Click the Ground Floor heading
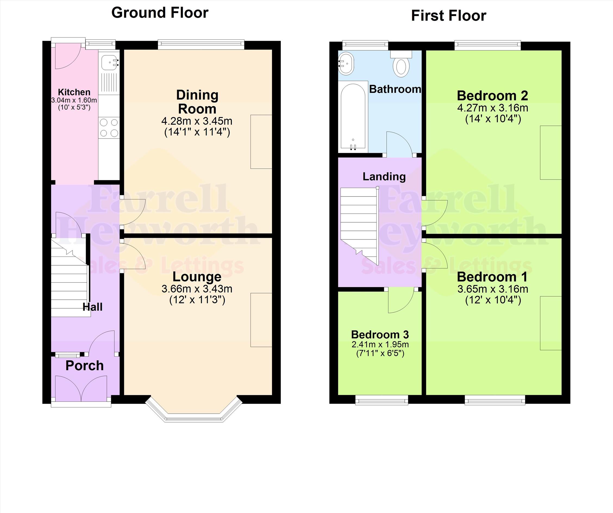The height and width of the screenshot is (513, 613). (160, 13)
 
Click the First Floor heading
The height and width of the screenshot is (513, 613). (449, 16)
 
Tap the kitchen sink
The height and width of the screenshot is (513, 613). (110, 63)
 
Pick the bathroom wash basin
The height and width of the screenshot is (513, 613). (346, 64)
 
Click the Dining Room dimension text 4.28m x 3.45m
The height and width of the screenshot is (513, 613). (197, 121)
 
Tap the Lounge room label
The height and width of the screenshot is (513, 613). (197, 277)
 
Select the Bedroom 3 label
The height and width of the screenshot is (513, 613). (380, 334)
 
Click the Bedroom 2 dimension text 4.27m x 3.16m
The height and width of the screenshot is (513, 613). (493, 108)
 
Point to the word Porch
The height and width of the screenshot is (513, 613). (85, 366)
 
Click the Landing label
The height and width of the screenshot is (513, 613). (384, 177)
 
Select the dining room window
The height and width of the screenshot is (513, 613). (201, 44)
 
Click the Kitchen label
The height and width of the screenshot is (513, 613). (74, 92)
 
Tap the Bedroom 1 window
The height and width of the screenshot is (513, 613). (495, 400)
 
